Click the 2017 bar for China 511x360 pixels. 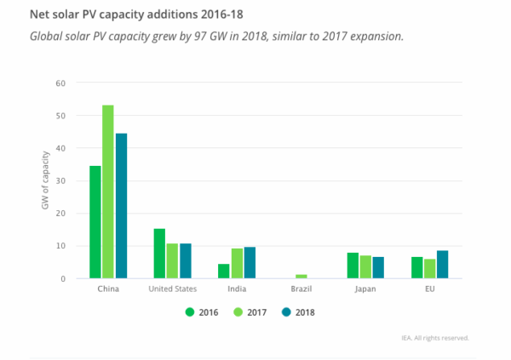coord(108,191)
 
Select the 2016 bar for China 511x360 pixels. coord(95,221)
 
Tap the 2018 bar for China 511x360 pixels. coord(121,205)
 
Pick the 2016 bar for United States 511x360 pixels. coord(159,253)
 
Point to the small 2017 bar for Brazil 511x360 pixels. coord(301,276)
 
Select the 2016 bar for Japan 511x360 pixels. coord(353,265)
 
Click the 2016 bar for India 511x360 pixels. coord(224,271)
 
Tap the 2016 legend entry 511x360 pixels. coord(202,311)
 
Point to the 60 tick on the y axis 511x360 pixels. coord(59,83)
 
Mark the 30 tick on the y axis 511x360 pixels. coord(59,180)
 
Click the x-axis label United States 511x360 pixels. coord(172,289)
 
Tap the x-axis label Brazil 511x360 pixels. coord(301,289)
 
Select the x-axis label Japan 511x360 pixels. coord(365,289)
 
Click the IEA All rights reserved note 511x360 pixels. coord(435,338)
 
